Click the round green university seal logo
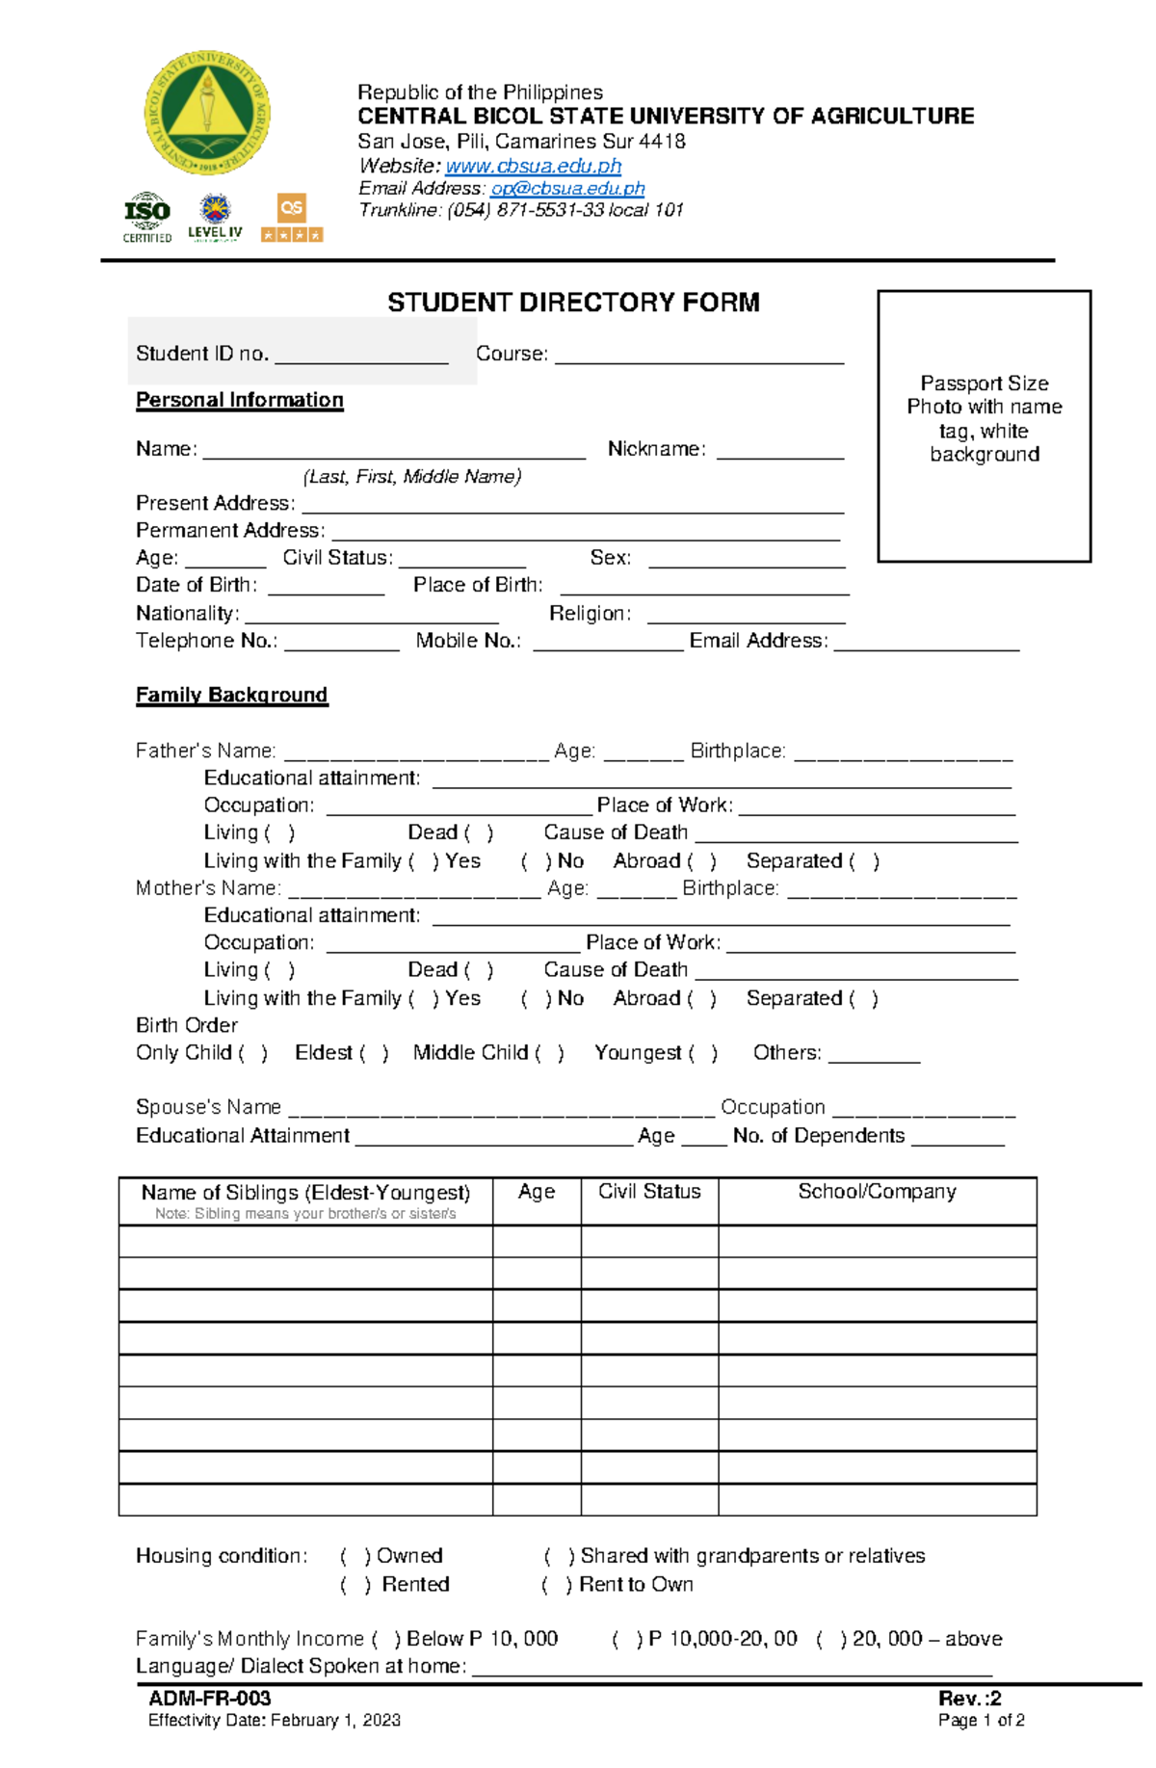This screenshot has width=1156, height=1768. (x=207, y=113)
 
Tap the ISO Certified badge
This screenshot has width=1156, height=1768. (x=147, y=217)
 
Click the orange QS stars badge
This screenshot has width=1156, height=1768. (x=292, y=218)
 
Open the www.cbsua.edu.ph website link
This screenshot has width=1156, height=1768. (x=533, y=166)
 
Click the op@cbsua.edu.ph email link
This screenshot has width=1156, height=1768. (x=567, y=188)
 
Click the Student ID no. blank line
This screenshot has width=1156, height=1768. (x=361, y=356)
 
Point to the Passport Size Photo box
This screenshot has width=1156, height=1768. (x=984, y=426)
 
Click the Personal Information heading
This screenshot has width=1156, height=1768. (x=239, y=400)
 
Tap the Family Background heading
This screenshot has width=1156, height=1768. (x=231, y=695)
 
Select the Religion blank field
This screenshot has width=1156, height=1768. (x=746, y=617)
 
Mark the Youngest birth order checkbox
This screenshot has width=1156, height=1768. (x=703, y=1053)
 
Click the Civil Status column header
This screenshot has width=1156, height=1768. (x=649, y=1192)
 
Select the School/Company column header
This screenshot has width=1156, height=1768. (x=877, y=1192)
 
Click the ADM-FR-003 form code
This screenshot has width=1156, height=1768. (x=209, y=1699)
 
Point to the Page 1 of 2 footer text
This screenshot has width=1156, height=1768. (x=981, y=1721)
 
